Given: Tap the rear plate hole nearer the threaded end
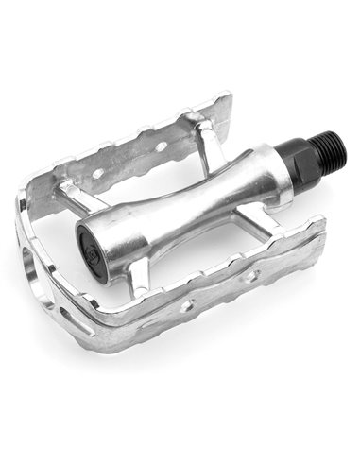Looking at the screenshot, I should [161, 146].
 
